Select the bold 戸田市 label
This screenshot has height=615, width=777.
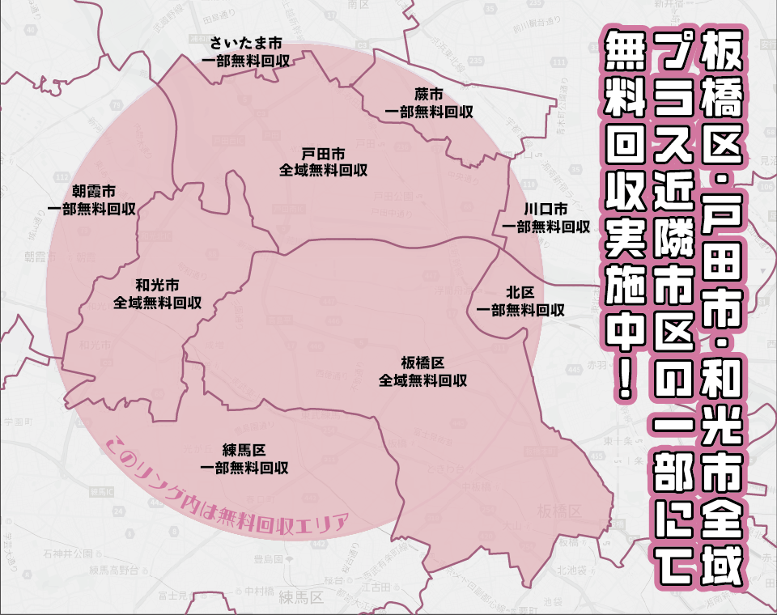click(x=324, y=154)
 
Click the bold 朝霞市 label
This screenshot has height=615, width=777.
click(x=92, y=191)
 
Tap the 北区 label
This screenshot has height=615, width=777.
click(x=520, y=291)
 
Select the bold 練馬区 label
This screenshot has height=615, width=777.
click(x=244, y=450)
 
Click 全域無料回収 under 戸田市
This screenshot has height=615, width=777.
click(x=324, y=171)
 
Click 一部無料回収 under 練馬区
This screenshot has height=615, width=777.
click(x=244, y=468)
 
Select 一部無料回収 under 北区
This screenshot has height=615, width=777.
click(x=520, y=309)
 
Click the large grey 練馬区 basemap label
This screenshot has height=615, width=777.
click(x=300, y=599)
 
